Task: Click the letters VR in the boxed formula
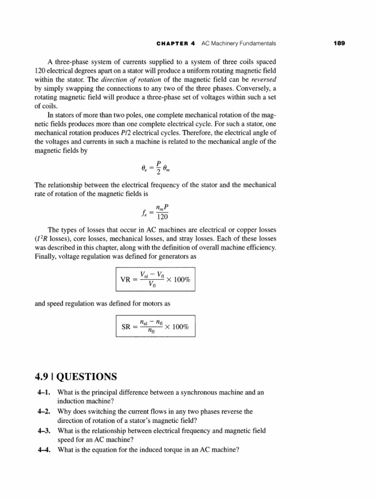click(x=125, y=280)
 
